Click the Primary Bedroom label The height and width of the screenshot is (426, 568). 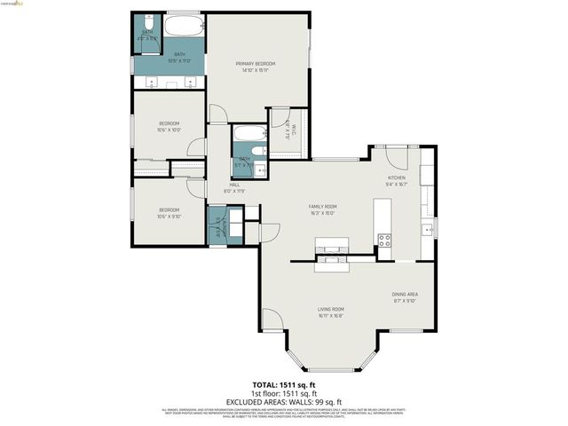point(256,64)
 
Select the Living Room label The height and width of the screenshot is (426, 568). point(332,309)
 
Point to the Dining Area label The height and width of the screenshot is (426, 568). point(405,294)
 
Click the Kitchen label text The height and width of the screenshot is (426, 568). point(396,178)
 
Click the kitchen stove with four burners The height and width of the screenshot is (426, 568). point(385,239)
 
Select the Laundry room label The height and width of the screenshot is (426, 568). point(220,225)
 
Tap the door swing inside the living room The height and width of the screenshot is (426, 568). point(272,320)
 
